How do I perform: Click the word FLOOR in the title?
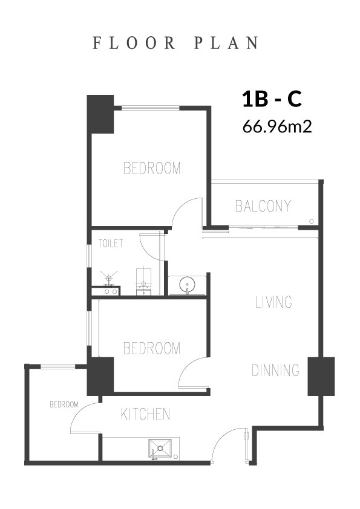pyautogui.click(x=134, y=43)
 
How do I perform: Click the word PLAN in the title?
pyautogui.click(x=226, y=43)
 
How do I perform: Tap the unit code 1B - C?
pyautogui.click(x=272, y=99)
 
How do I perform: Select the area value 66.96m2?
pyautogui.click(x=277, y=126)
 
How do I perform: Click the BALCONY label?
pyautogui.click(x=263, y=206)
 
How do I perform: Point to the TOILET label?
pyautogui.click(x=111, y=243)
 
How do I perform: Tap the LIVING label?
pyautogui.click(x=273, y=302)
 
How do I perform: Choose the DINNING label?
pyautogui.click(x=275, y=370)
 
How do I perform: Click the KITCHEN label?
pyautogui.click(x=146, y=414)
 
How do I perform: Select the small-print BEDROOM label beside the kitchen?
pyautogui.click(x=64, y=404)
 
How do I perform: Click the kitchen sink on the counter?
pyautogui.click(x=160, y=449)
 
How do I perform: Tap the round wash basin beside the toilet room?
pyautogui.click(x=188, y=285)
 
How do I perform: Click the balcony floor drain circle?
pyautogui.click(x=312, y=222)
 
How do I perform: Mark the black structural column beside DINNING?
pyautogui.click(x=321, y=377)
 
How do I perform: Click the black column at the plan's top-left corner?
pyautogui.click(x=100, y=114)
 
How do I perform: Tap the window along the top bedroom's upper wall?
pyautogui.click(x=151, y=108)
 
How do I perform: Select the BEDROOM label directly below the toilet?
pyautogui.click(x=152, y=348)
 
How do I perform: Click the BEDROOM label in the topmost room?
pyautogui.click(x=152, y=168)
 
